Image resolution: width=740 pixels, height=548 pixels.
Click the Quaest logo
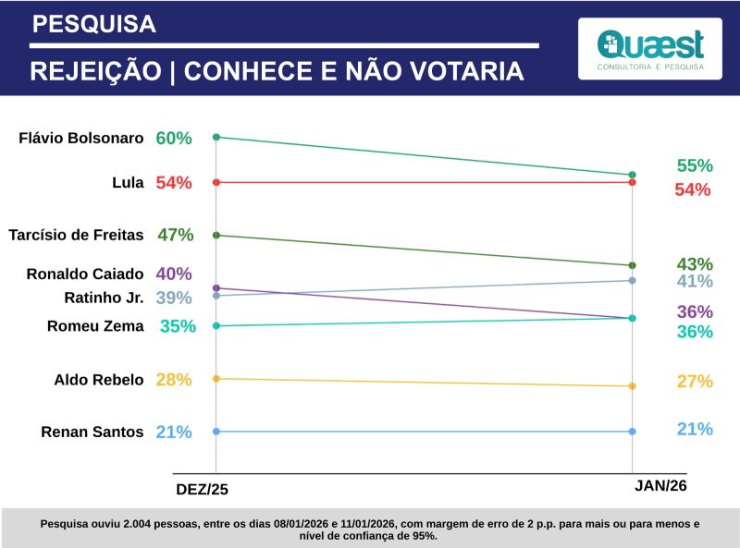click(650, 48)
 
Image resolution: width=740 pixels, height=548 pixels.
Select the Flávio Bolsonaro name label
click(81, 139)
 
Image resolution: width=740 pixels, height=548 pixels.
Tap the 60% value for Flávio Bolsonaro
click(174, 139)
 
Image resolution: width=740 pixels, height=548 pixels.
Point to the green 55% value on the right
click(695, 166)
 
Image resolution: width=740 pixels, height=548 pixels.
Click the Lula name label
click(128, 183)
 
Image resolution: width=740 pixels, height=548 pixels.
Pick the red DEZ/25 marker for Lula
click(216, 183)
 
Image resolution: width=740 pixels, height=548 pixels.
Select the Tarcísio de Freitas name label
click(76, 235)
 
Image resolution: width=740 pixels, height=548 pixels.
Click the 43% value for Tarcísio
click(695, 263)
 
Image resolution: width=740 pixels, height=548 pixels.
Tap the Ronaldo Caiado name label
click(85, 274)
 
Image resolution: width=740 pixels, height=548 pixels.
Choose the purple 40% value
click(174, 274)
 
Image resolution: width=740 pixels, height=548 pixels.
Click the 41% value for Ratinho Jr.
click(695, 282)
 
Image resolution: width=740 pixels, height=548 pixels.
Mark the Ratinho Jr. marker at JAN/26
click(632, 280)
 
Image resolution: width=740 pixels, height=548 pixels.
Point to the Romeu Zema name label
click(95, 325)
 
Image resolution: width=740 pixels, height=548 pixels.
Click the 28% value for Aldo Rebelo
click(174, 379)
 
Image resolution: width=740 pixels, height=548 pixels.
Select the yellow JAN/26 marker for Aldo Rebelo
click(632, 386)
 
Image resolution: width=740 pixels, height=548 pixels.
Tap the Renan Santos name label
click(92, 432)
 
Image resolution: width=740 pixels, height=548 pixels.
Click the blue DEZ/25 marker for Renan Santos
click(216, 432)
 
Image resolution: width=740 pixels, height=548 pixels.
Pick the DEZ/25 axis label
click(203, 487)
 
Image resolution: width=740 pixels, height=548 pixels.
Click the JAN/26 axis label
click(661, 485)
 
